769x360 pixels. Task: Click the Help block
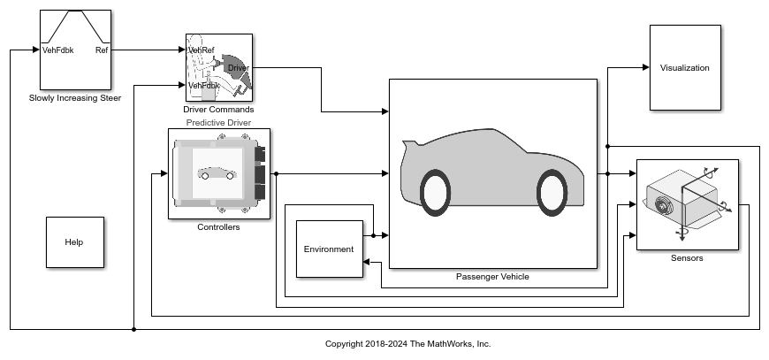point(75,242)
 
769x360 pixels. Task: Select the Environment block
point(330,249)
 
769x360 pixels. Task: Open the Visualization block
point(685,68)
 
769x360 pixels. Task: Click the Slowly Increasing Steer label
point(75,98)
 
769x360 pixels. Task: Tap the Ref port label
point(102,50)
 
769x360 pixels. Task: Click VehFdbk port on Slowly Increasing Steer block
point(57,50)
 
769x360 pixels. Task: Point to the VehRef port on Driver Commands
point(202,50)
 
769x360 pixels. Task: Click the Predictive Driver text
point(218,123)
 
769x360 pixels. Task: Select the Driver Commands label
point(218,110)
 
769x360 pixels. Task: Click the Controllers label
point(218,227)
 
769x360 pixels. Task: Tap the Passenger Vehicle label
point(492,277)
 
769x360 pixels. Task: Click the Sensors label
point(687,258)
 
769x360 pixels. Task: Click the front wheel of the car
point(552,193)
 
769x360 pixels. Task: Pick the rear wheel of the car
point(436,193)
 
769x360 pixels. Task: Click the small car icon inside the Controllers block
point(217,173)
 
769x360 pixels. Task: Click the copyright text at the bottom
point(408,344)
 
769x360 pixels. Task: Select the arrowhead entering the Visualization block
point(646,68)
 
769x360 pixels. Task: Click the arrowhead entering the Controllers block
point(164,173)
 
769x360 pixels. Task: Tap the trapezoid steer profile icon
point(75,27)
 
